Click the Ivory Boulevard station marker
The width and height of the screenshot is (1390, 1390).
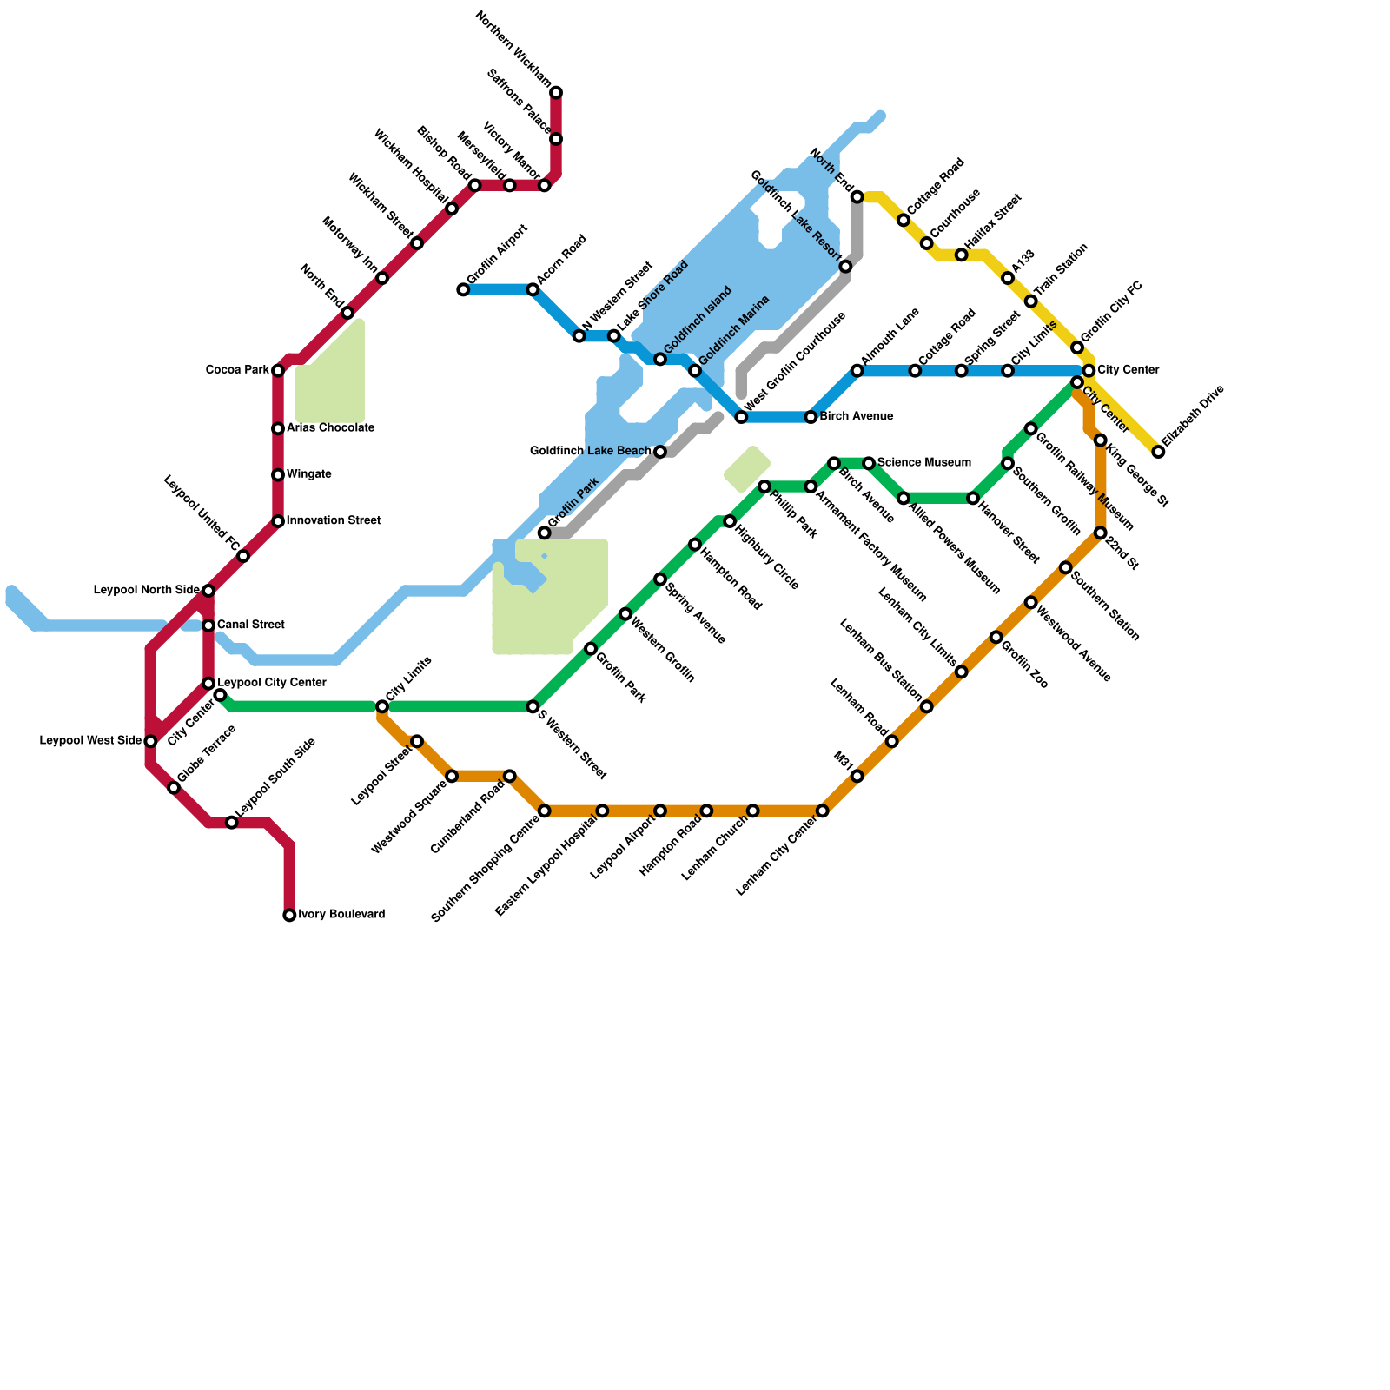click(289, 915)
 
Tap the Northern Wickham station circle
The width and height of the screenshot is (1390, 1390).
click(556, 92)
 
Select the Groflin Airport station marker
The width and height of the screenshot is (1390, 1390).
click(463, 289)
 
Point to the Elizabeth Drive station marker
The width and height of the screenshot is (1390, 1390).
click(1158, 452)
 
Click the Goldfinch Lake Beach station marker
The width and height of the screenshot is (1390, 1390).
click(660, 452)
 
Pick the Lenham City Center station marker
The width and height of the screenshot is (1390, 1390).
click(823, 811)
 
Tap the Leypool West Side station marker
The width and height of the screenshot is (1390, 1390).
click(150, 741)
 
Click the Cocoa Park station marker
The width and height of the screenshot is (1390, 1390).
click(278, 371)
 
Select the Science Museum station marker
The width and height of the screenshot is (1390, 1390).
click(869, 463)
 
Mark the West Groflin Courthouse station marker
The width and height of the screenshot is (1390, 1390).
click(741, 417)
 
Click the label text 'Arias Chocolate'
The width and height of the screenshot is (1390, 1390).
click(330, 428)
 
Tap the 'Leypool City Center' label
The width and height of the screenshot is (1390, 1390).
click(271, 683)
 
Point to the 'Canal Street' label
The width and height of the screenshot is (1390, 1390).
click(250, 625)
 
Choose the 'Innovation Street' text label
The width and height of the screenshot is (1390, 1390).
click(333, 521)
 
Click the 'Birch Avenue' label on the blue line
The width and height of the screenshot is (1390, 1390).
click(856, 417)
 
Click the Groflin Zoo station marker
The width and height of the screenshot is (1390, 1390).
click(996, 637)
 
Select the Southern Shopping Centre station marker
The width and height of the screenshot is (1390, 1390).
click(545, 811)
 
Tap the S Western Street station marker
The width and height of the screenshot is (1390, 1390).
click(533, 706)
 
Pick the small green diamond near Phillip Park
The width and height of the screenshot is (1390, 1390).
click(747, 469)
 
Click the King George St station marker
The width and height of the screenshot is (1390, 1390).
click(1101, 440)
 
